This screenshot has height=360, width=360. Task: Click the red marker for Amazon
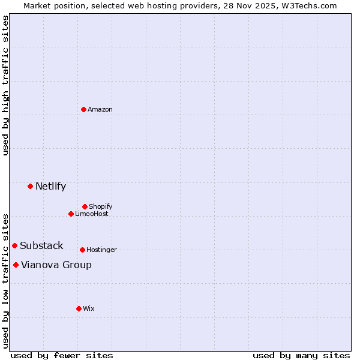pyautogui.click(x=84, y=109)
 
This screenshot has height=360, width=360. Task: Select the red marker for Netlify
pyautogui.click(x=30, y=186)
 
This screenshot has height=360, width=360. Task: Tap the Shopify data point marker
pyautogui.click(x=85, y=206)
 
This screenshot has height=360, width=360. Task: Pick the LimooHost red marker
pyautogui.click(x=71, y=214)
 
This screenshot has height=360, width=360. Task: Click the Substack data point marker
pyautogui.click(x=14, y=245)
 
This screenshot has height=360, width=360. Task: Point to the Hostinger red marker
pyautogui.click(x=82, y=250)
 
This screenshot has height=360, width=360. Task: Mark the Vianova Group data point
pyautogui.click(x=16, y=265)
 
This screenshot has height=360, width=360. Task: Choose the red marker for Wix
pyautogui.click(x=79, y=308)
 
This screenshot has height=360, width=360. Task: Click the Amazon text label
pyautogui.click(x=100, y=109)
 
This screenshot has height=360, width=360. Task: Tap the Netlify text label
pyautogui.click(x=50, y=186)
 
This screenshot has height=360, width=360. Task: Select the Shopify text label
pyautogui.click(x=101, y=206)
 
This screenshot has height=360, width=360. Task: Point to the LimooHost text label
pyautogui.click(x=92, y=214)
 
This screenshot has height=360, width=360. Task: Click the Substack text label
pyautogui.click(x=41, y=245)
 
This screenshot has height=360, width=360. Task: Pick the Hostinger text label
pyautogui.click(x=101, y=250)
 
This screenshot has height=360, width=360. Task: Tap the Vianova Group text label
pyautogui.click(x=56, y=265)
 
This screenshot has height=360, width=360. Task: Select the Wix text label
pyautogui.click(x=89, y=308)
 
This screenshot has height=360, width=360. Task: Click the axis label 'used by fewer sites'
pyautogui.click(x=62, y=355)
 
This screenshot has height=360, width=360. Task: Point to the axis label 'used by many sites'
pyautogui.click(x=301, y=355)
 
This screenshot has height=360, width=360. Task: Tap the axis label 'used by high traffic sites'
pyautogui.click(x=5, y=85)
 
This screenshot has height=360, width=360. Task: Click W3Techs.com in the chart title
pyautogui.click(x=308, y=5)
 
